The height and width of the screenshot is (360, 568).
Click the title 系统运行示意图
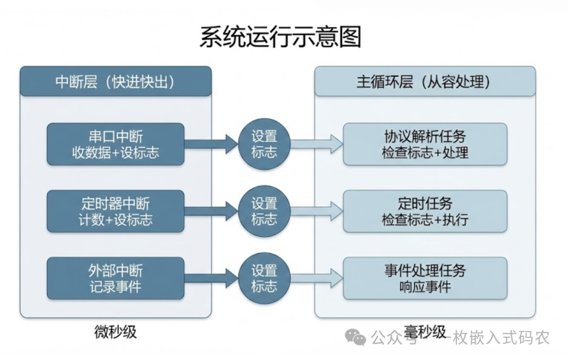tap(280, 38)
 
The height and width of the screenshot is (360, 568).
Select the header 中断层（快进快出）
tap(115, 82)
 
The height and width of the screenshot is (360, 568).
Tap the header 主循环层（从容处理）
tap(424, 82)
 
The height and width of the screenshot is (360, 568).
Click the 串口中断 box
tap(115, 144)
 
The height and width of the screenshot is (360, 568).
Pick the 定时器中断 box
tap(115, 211)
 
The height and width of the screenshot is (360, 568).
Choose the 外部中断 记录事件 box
tap(115, 278)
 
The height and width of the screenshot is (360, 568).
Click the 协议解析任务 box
tap(424, 144)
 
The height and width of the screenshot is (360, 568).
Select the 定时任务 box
tap(424, 211)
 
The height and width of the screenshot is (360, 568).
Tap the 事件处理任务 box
tap(424, 278)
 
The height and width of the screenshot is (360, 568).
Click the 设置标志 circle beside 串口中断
tap(264, 144)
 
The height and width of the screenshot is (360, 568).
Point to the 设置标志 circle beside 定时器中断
tap(264, 211)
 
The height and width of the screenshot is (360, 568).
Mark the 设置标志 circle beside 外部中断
tap(264, 278)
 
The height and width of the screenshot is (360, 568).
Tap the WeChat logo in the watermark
tap(358, 337)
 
